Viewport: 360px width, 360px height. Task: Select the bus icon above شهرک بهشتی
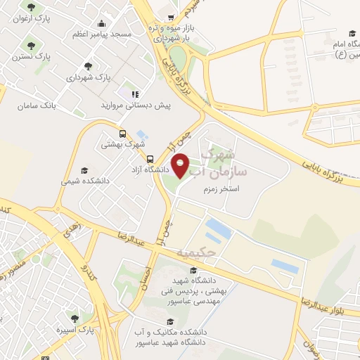click(123, 134)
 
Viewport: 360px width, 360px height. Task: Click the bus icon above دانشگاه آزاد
click(150, 159)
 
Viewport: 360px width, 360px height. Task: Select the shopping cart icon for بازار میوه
click(171, 17)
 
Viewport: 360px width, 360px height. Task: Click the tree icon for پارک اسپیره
click(75, 318)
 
